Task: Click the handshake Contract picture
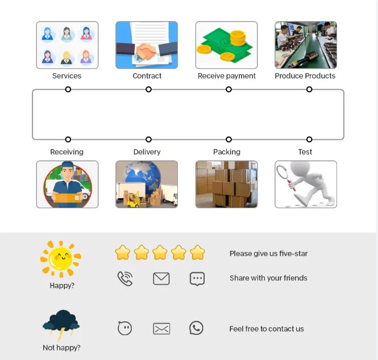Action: click(x=147, y=45)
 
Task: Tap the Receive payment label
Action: click(x=226, y=76)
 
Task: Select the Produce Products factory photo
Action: click(x=306, y=45)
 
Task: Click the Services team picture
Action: click(x=67, y=45)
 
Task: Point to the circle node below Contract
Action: click(x=148, y=89)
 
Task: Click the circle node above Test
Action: click(x=309, y=139)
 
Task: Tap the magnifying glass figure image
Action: click(x=306, y=184)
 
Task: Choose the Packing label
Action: click(x=226, y=152)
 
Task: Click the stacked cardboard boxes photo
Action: click(x=226, y=184)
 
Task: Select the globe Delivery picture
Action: click(x=147, y=184)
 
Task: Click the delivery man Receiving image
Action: click(x=67, y=184)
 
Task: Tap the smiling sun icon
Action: click(x=61, y=259)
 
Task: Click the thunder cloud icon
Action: click(x=61, y=324)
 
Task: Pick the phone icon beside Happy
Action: click(x=125, y=279)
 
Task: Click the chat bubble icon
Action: click(x=197, y=279)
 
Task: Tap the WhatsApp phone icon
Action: click(x=196, y=328)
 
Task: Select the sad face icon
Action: click(x=125, y=328)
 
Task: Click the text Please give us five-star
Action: click(x=268, y=254)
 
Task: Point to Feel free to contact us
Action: click(x=267, y=329)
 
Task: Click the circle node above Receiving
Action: click(x=68, y=139)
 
